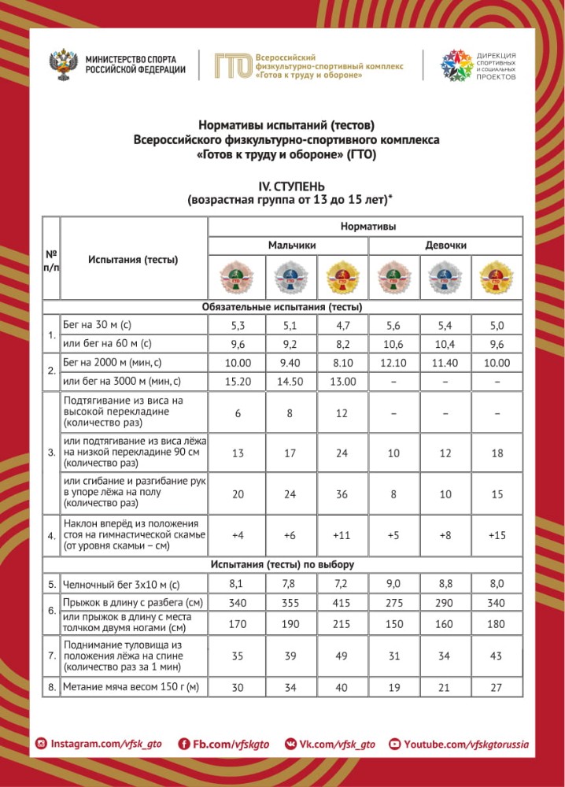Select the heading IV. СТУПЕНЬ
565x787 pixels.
click(288, 186)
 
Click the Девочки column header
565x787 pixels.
click(446, 246)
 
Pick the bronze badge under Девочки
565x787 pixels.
click(394, 277)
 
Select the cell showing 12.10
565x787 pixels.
click(394, 363)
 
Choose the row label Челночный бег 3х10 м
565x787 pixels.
click(121, 584)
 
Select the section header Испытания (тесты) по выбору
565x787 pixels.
click(282, 564)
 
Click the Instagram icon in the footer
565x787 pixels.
click(41, 744)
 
